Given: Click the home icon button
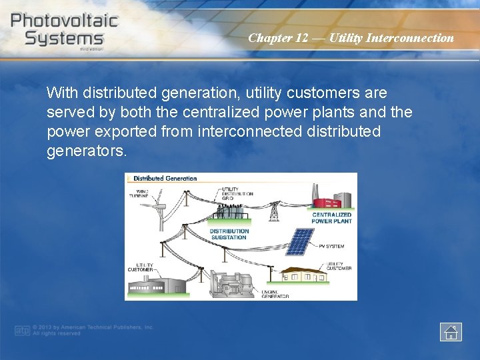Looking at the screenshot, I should point(451,331).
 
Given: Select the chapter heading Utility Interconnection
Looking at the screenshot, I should point(351,38).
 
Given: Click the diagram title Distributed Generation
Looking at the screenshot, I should point(165,178).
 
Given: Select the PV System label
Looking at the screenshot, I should point(331,246).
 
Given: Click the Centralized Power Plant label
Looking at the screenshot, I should point(331,217).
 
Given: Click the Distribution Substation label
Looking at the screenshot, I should point(228,234).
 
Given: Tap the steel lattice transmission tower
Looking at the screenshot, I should point(273,210).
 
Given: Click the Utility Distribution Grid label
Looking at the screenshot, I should point(237,193).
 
